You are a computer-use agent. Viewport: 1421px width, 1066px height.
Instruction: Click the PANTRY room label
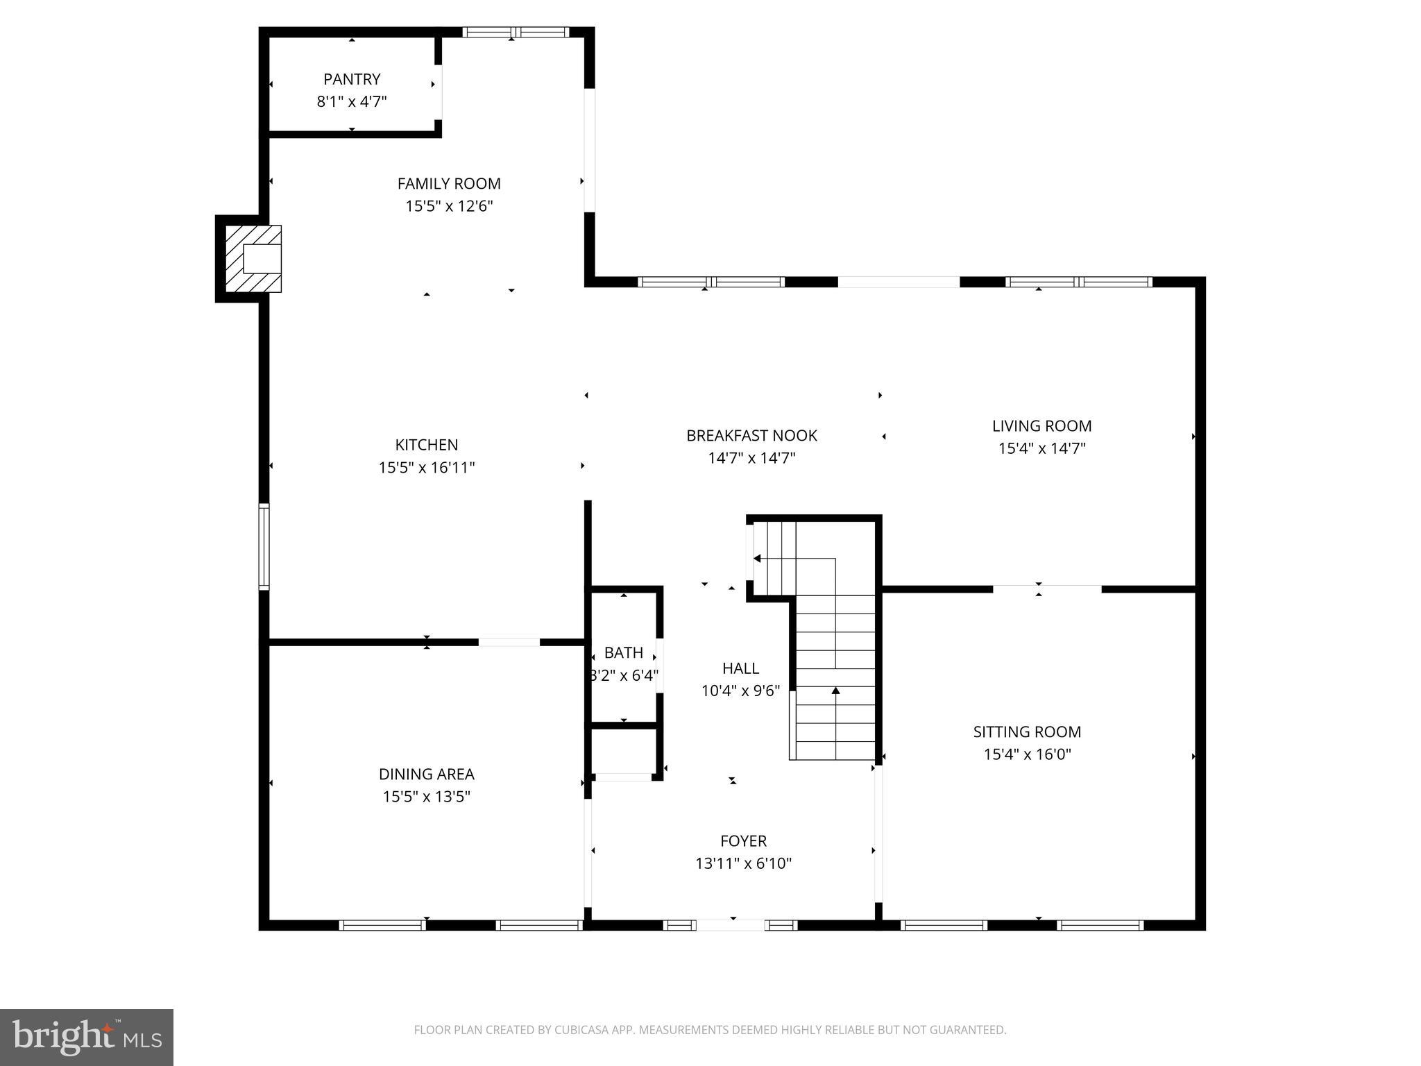point(352,79)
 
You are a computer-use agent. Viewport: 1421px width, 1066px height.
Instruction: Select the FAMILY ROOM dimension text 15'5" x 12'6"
point(449,206)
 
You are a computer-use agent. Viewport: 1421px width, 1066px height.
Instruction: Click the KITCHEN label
point(426,445)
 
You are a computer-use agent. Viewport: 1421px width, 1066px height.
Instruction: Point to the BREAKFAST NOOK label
point(751,436)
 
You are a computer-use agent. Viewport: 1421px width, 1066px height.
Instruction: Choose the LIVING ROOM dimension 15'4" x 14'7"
point(1041,448)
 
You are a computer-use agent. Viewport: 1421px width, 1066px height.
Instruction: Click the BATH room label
point(623,652)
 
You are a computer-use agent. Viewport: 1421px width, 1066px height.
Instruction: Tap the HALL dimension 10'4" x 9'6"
point(740,691)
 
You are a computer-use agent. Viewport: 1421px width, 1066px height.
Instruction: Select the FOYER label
point(743,841)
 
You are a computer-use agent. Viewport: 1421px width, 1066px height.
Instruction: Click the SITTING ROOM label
point(1027,731)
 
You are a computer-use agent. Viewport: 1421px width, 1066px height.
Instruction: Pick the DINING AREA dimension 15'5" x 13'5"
point(426,797)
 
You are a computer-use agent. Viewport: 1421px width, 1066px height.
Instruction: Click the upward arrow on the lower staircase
point(835,691)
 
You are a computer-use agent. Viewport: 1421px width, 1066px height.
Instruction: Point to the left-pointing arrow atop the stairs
point(757,559)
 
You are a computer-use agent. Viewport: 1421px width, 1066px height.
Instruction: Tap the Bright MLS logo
point(87,1038)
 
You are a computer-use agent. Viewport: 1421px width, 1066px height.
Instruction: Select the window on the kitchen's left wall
point(264,547)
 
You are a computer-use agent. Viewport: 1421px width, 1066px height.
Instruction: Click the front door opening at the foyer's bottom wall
point(731,924)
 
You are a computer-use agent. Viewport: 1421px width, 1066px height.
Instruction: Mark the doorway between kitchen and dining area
point(509,642)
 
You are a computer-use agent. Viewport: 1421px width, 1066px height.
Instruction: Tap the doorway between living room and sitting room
point(1046,589)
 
